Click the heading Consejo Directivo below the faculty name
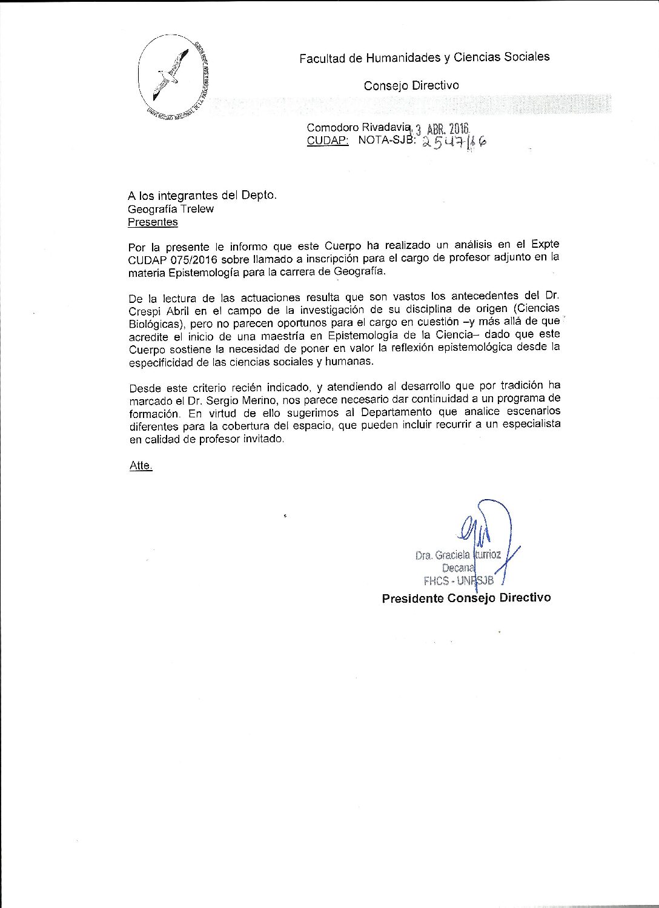tap(411, 85)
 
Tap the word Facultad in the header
tap(322, 58)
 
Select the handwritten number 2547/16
tap(454, 142)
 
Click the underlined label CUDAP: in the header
tap(328, 141)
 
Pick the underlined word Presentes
tap(153, 222)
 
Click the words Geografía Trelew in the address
tap(171, 209)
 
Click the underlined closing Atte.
tap(141, 466)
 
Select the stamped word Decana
tap(458, 568)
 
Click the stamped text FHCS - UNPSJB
tap(459, 580)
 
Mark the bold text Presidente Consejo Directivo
tap(466, 598)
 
